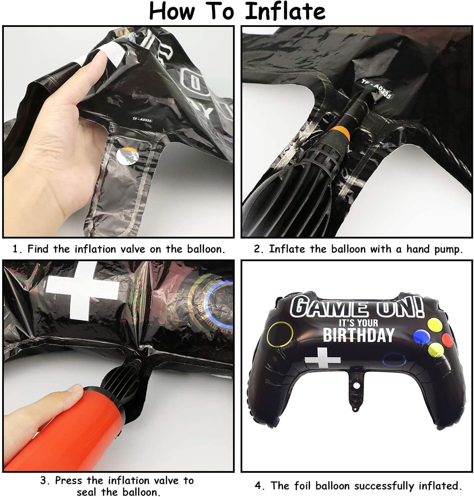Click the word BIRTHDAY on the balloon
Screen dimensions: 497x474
[x=358, y=335]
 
